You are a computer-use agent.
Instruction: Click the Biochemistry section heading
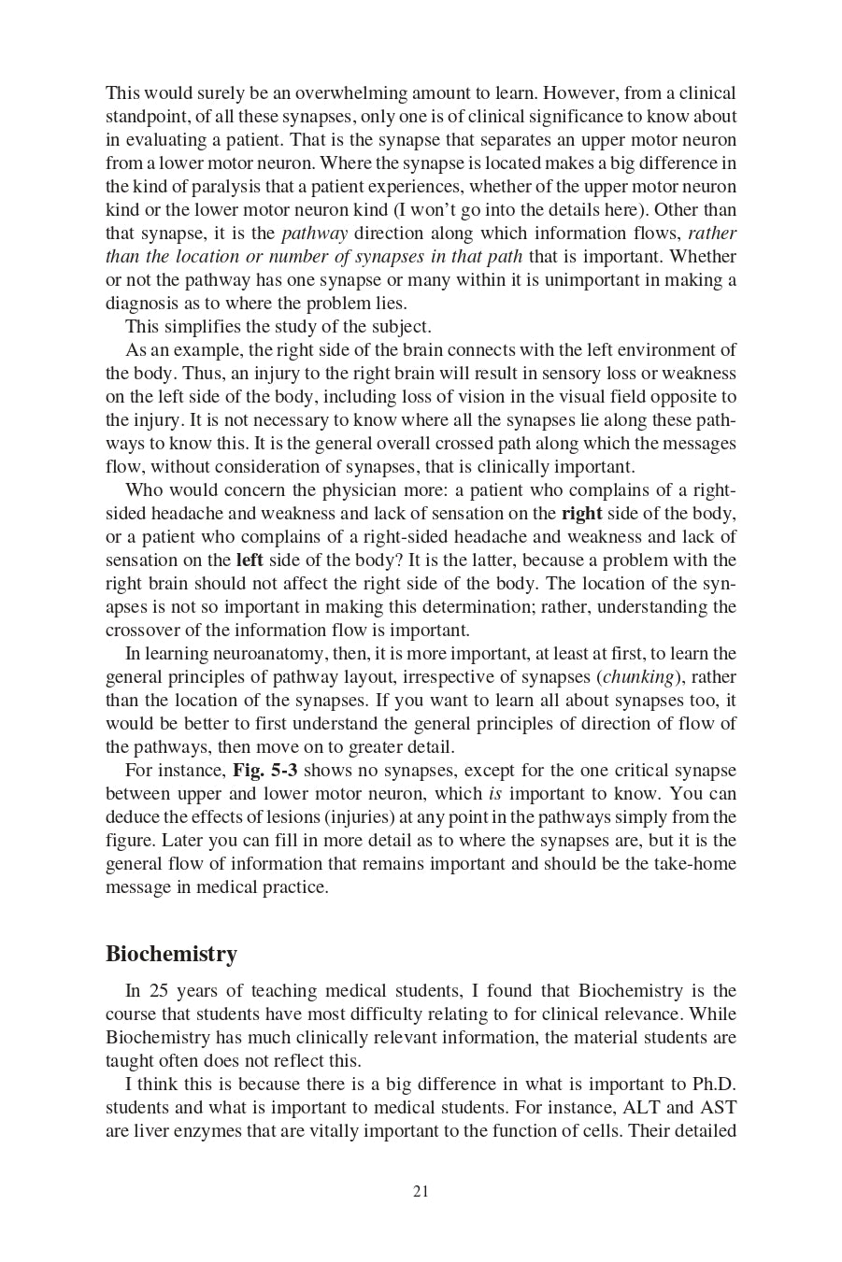pyautogui.click(x=171, y=954)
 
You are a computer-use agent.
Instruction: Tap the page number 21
pyautogui.click(x=421, y=1191)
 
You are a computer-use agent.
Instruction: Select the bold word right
pyautogui.click(x=581, y=514)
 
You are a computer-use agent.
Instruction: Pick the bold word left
pyautogui.click(x=250, y=560)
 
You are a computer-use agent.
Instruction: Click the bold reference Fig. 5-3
pyautogui.click(x=265, y=771)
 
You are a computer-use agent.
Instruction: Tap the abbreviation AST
pyautogui.click(x=719, y=1108)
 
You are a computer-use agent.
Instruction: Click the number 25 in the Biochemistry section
pyautogui.click(x=158, y=991)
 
